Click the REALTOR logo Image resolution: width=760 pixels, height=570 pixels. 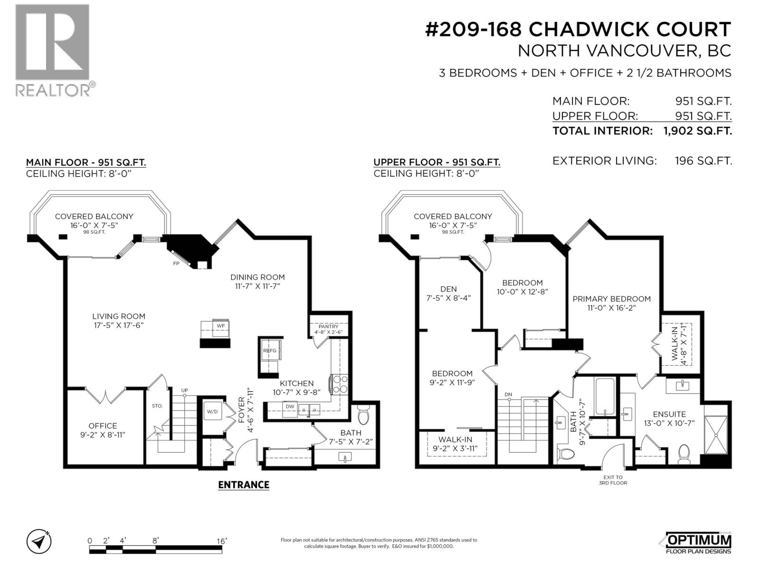point(52,50)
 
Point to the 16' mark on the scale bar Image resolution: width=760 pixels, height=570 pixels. point(221,541)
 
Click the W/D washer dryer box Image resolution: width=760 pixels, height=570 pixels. point(212,411)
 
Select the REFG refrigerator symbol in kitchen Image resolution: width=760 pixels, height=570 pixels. point(270,351)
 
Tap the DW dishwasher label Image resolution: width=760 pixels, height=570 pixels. point(290,407)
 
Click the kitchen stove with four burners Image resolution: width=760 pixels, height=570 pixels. point(340,384)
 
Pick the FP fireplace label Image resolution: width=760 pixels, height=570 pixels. point(176,263)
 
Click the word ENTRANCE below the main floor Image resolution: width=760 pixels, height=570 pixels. point(244,484)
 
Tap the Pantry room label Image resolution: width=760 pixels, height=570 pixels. point(328,326)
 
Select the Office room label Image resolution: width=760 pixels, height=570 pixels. point(103,426)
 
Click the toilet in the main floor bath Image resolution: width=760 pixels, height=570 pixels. point(363,417)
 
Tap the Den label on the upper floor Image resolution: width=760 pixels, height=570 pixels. point(448,289)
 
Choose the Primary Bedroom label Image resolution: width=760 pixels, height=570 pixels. point(611,299)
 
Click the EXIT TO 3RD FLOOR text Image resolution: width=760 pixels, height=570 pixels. point(613,480)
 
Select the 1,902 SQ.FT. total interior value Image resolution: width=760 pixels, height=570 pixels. point(697,131)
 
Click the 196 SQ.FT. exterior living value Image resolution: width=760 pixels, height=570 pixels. point(703,161)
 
